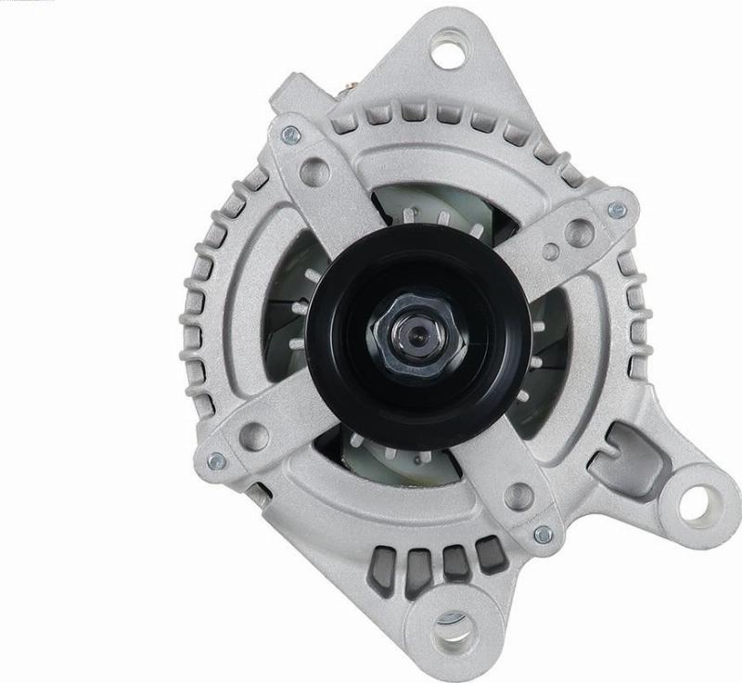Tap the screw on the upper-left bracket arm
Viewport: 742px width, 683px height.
(291, 135)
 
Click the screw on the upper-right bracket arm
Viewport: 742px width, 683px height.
(617, 211)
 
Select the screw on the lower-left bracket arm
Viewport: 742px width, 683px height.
(216, 459)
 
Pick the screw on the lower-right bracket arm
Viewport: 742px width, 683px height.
(544, 535)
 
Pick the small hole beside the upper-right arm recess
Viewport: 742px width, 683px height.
(551, 251)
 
